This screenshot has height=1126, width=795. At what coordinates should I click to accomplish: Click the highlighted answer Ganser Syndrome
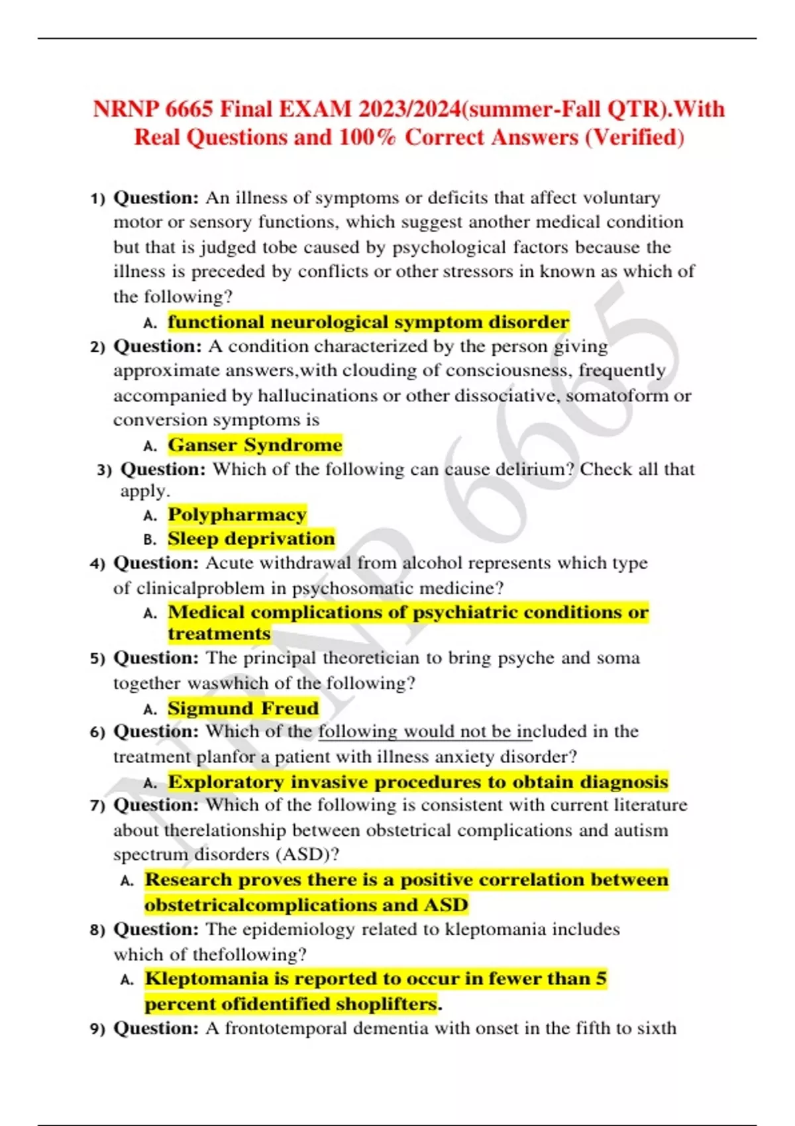(255, 444)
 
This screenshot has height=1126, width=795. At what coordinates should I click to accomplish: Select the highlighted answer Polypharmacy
(237, 514)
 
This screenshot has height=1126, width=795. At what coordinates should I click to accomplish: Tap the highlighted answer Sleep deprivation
(251, 538)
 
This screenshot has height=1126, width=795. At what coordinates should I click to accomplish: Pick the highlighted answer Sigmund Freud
(243, 708)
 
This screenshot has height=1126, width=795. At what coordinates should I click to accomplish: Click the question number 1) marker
(97, 199)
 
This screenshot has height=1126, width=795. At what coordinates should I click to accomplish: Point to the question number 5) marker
(97, 658)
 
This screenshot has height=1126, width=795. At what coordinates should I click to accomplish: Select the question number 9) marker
(97, 1029)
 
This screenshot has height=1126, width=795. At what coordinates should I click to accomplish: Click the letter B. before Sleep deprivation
(150, 540)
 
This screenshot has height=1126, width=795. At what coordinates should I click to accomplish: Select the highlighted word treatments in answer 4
(219, 634)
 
